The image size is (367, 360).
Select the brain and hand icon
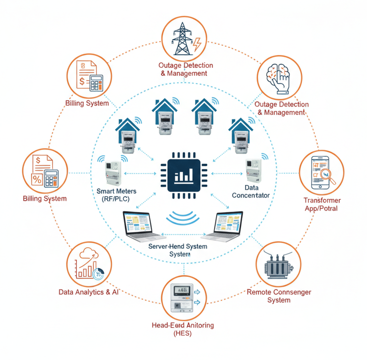click(x=279, y=77)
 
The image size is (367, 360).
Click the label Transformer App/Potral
click(x=321, y=205)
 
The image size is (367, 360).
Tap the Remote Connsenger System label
click(x=279, y=296)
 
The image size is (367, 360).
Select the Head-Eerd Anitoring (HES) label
click(x=183, y=329)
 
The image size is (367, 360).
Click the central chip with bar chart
click(x=183, y=176)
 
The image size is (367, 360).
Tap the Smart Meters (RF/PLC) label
click(x=116, y=195)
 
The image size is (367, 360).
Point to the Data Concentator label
click(x=251, y=191)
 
